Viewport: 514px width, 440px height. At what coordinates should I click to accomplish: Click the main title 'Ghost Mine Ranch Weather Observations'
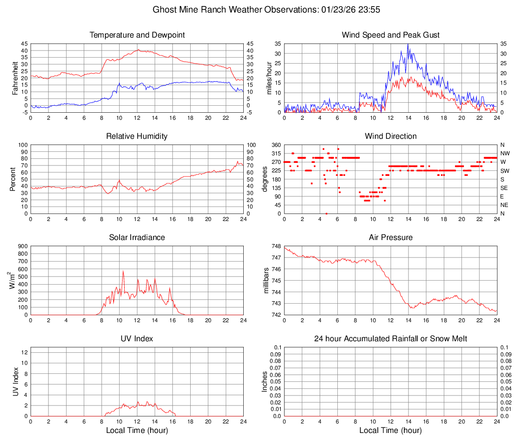point(257,10)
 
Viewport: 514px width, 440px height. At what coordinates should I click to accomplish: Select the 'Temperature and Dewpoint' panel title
point(137,35)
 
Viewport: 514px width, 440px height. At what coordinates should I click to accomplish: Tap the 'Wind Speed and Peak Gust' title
point(390,35)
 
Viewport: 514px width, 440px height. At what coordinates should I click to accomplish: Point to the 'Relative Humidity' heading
point(137,136)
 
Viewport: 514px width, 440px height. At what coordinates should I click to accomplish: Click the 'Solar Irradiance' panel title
point(137,238)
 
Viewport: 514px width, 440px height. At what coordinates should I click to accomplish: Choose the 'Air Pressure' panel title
point(390,238)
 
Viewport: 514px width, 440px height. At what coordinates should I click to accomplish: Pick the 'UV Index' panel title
point(137,339)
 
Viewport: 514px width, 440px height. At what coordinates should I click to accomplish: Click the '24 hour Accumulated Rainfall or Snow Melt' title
point(390,339)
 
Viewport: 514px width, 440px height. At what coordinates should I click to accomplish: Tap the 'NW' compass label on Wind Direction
point(504,153)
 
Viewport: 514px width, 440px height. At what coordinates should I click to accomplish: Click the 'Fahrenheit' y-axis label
point(16,78)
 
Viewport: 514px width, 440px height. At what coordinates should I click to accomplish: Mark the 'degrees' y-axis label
point(265,179)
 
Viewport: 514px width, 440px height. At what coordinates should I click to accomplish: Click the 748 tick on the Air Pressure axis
point(276,246)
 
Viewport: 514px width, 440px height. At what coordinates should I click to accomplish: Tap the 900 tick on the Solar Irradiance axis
point(23,246)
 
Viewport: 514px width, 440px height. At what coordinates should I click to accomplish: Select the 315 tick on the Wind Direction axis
point(276,153)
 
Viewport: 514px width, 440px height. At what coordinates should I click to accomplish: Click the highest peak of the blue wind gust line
point(408,45)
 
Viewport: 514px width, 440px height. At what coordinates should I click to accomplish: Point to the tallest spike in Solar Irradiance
point(123,271)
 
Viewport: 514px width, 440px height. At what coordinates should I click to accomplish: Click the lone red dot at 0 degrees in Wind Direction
point(326,213)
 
